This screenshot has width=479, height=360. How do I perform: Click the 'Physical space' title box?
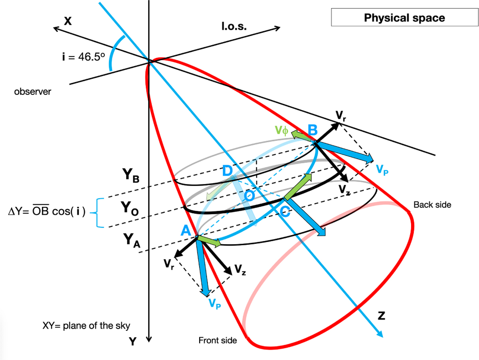(404, 18)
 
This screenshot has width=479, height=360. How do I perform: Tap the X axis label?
(67, 22)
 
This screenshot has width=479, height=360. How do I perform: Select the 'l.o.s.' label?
(234, 26)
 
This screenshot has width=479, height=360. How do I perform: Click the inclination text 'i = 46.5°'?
(83, 57)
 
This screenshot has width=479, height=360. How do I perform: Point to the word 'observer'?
(32, 92)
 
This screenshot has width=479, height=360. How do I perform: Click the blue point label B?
(313, 130)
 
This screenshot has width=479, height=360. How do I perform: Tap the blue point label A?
(186, 230)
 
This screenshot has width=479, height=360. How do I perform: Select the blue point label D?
(227, 170)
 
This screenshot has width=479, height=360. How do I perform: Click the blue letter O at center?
(249, 196)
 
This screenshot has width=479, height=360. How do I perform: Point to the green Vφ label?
(281, 130)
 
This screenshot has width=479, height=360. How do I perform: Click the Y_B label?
(131, 176)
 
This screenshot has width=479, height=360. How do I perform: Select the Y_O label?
(130, 208)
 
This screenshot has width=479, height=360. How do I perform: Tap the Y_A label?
(132, 240)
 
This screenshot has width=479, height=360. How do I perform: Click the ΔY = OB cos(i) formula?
(47, 211)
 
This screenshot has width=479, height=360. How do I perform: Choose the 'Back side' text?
(432, 205)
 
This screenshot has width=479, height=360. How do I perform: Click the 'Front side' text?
(218, 340)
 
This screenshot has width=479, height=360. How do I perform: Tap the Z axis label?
(382, 315)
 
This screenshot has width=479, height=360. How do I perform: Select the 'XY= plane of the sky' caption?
(86, 326)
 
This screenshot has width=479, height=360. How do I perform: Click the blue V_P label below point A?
(215, 304)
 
